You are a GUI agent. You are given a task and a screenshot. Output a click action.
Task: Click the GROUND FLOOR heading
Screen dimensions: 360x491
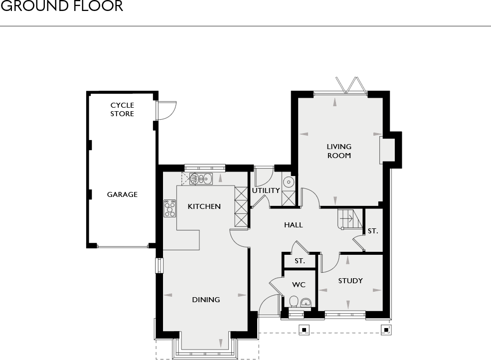(x=62, y=6)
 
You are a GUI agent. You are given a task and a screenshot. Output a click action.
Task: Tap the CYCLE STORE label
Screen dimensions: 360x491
(x=122, y=110)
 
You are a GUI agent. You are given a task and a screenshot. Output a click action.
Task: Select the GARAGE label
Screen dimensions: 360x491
(x=122, y=194)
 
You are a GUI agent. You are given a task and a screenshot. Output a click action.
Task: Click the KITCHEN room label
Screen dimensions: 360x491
(x=204, y=206)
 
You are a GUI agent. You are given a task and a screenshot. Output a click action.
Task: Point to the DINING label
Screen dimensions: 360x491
(x=206, y=300)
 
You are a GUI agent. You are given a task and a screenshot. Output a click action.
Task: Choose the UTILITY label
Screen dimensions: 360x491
(x=266, y=190)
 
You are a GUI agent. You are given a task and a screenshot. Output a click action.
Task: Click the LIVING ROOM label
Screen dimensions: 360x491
(x=339, y=151)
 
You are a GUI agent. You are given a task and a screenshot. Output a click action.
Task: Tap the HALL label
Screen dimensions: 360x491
(x=293, y=225)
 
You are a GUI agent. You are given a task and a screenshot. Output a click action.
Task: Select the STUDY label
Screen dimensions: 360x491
(x=350, y=281)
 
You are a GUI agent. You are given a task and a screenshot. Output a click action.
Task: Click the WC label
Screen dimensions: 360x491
(x=299, y=285)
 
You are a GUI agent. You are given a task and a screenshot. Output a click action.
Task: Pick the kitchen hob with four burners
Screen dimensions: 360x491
(x=170, y=208)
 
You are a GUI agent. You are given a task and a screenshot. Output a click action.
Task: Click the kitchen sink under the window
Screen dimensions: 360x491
(x=201, y=179)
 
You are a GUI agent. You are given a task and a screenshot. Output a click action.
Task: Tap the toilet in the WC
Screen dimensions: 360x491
(x=294, y=302)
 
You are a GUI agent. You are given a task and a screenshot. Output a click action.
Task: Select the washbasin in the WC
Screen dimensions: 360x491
(x=306, y=302)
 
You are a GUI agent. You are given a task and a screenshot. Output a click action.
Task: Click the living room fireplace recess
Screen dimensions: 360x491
(x=387, y=150)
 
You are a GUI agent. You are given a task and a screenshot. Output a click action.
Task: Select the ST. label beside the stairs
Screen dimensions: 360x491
(x=373, y=231)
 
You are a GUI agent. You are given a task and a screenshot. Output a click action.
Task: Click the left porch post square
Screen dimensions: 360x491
(x=303, y=329)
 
